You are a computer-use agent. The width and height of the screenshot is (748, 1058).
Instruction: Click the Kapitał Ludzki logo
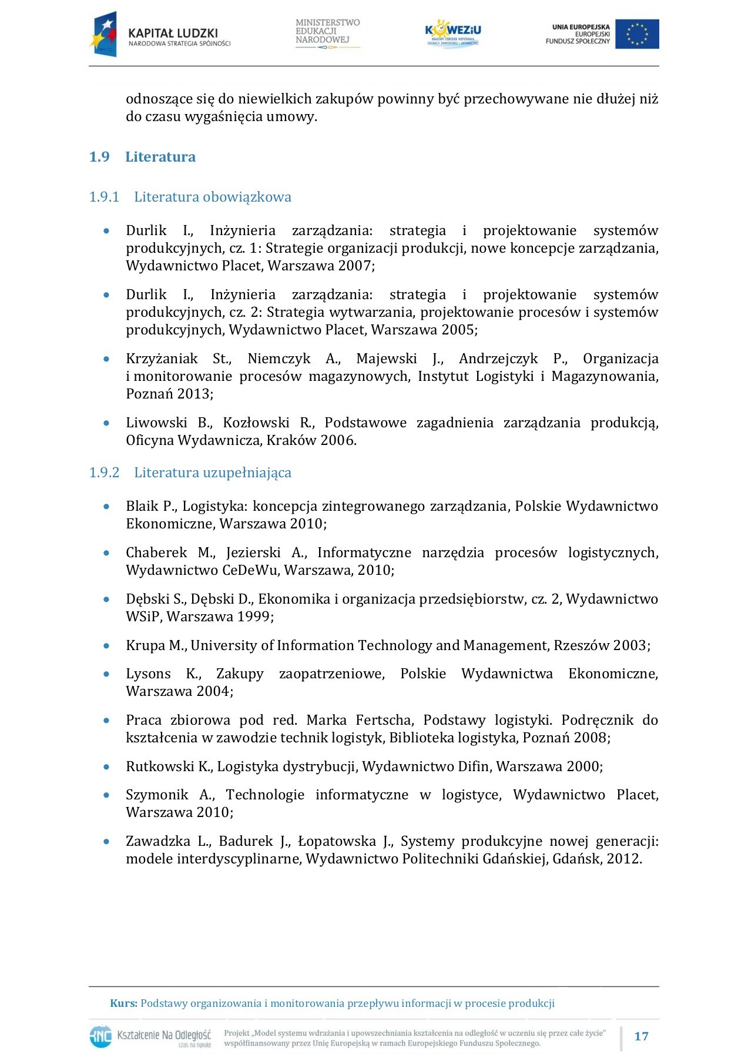(160, 35)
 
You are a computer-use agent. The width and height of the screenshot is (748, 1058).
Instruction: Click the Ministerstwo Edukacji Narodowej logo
(327, 33)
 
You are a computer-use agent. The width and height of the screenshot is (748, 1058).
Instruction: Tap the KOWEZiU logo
(452, 34)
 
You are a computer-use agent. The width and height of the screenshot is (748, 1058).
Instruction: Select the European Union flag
(637, 34)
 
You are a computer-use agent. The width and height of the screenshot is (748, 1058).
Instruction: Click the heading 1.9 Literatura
(160, 157)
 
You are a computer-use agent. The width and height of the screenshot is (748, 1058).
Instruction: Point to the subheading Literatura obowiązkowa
(212, 197)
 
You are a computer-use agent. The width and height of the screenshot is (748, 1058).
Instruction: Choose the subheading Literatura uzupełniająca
(212, 473)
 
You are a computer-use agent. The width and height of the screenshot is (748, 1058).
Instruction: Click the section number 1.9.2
(104, 473)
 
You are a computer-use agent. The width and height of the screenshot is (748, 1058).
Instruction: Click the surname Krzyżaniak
(162, 359)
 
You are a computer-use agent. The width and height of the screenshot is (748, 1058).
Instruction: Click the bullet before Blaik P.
(106, 506)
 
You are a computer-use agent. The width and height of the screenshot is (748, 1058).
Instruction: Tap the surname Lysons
(148, 674)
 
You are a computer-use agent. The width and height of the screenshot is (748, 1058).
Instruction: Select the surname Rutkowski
(160, 766)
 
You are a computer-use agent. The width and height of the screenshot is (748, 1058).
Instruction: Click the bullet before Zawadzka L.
(106, 842)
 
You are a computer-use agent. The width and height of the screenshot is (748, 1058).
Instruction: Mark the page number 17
(641, 1036)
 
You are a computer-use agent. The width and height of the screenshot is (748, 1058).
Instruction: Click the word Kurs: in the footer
(123, 1003)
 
